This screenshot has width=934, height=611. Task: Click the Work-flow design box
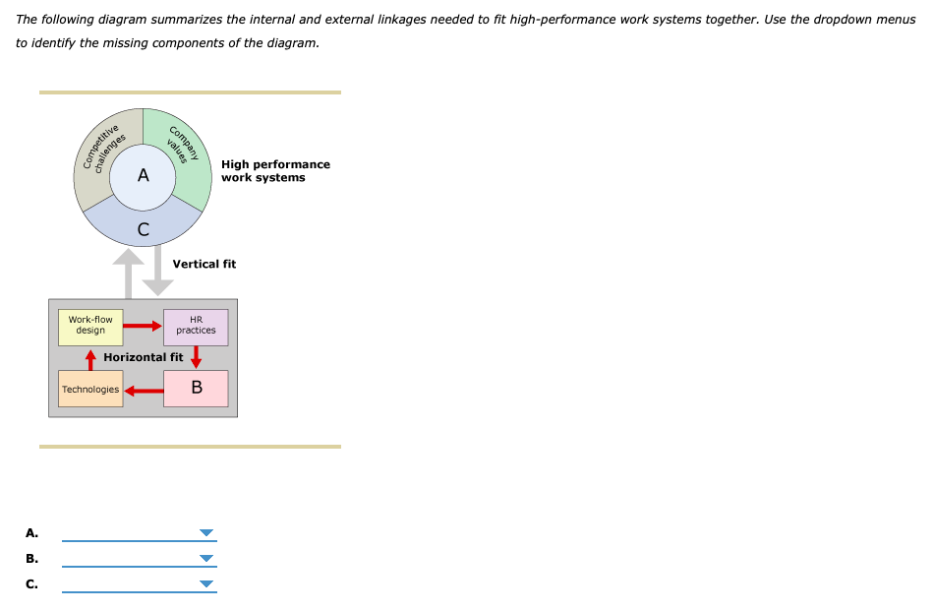(x=90, y=326)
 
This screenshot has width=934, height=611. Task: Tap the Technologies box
(x=89, y=390)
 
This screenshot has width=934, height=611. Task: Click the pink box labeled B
(x=196, y=389)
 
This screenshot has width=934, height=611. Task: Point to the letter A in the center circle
(x=144, y=176)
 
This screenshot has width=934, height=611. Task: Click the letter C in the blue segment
(x=144, y=230)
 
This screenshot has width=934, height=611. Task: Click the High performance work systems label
(x=275, y=171)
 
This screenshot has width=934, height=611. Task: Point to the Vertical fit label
(x=204, y=264)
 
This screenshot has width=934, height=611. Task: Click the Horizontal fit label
(x=143, y=357)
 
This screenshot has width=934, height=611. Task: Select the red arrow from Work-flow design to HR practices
(x=143, y=326)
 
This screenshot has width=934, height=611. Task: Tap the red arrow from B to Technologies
(x=143, y=390)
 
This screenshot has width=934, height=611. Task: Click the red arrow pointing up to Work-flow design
(x=90, y=359)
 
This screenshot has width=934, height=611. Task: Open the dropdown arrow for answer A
(x=205, y=533)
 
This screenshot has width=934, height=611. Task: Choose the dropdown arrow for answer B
(x=205, y=559)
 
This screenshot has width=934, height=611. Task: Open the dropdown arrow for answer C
(x=205, y=584)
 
